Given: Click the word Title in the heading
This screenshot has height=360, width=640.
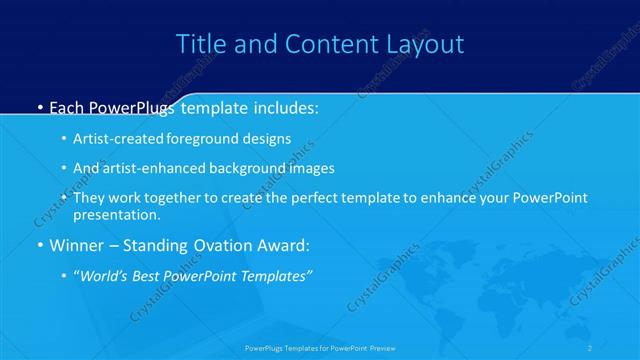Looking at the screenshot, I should (x=198, y=44).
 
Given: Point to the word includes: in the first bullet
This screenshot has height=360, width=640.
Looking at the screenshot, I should (x=282, y=107).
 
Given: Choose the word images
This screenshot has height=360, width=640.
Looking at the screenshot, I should (x=312, y=168).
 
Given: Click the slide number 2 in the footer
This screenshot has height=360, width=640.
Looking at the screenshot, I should (x=590, y=348).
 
